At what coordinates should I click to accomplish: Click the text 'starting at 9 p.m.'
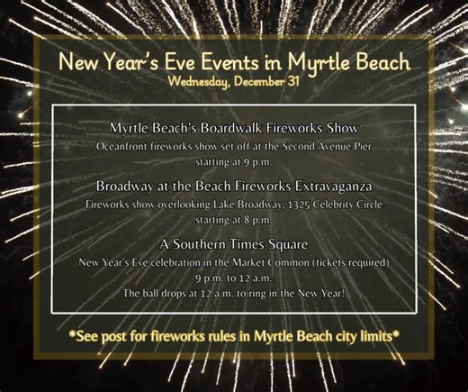tap(233, 162)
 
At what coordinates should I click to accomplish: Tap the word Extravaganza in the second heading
tap(322, 187)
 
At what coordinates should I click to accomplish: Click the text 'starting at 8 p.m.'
tap(233, 221)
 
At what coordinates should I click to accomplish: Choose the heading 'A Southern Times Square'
tap(233, 244)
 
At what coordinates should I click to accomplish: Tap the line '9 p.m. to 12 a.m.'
tap(233, 278)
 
